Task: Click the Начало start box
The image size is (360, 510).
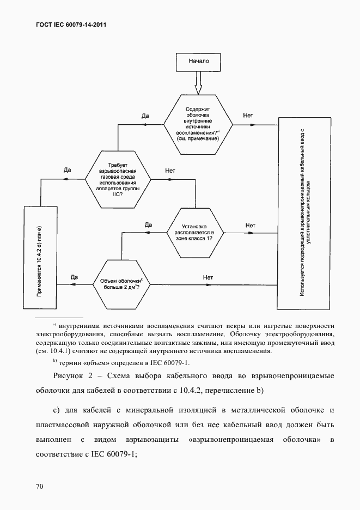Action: click(x=198, y=61)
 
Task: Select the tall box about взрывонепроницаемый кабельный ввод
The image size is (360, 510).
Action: click(x=304, y=213)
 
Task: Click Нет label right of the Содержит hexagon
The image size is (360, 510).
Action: click(x=248, y=116)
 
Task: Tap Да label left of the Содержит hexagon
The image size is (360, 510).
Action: click(x=145, y=116)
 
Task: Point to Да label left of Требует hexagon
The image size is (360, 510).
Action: click(x=68, y=170)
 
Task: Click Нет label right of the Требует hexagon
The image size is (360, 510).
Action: click(x=169, y=171)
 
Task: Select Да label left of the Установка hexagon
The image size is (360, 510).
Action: click(x=148, y=224)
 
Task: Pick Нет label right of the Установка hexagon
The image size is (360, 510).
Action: click(x=250, y=225)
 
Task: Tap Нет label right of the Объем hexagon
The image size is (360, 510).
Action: click(x=208, y=277)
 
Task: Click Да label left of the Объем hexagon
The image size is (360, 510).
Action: click(x=75, y=277)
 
